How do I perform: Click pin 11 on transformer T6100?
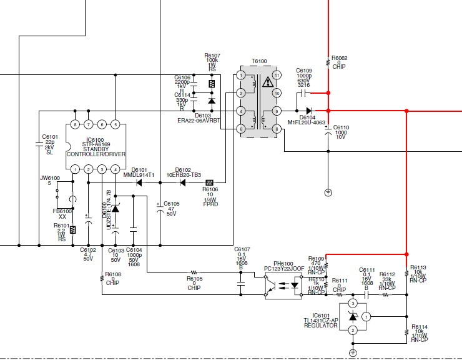[x=276, y=76]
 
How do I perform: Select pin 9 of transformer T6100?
[x=276, y=111]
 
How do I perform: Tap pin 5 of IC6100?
[x=115, y=124]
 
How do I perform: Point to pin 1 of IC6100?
[x=75, y=169]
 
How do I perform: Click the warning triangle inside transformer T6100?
[x=268, y=82]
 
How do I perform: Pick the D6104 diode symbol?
[x=308, y=111]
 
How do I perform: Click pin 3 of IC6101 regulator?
[x=352, y=303]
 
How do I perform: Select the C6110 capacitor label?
[x=341, y=127]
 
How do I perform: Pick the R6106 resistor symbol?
[x=210, y=182]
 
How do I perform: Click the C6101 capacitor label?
[x=49, y=136]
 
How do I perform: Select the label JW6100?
[x=49, y=178]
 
